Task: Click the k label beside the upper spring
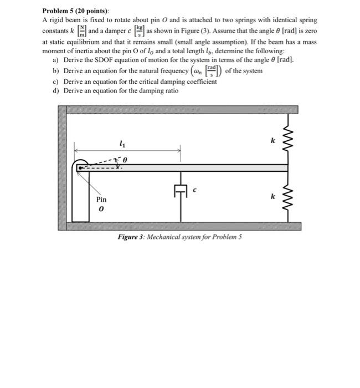point(272,141)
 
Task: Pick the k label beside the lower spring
point(272,196)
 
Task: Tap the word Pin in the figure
point(101,199)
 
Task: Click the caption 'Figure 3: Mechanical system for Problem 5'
point(179,237)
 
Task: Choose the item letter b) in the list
point(55,70)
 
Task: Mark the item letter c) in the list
point(55,81)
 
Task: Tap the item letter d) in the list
point(55,90)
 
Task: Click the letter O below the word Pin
point(101,210)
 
